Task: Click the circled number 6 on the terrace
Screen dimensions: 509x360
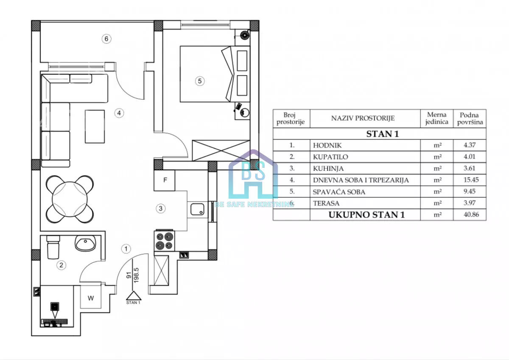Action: point(106,39)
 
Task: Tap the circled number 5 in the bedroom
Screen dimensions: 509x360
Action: point(200,81)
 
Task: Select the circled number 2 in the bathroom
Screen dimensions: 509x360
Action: point(61,265)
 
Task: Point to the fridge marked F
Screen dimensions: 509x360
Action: point(165,180)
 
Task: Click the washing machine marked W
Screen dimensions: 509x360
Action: point(91,298)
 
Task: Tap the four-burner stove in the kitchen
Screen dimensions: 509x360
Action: point(164,241)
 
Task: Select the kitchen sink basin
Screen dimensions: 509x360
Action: point(197,209)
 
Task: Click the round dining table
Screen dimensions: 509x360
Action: point(70,199)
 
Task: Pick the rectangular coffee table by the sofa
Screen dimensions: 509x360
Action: point(95,127)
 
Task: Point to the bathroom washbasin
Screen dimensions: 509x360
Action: point(85,243)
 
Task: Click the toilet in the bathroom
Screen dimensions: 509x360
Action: point(53,247)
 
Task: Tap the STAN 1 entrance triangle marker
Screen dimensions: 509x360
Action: point(134,295)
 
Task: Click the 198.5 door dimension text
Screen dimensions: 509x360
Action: point(136,275)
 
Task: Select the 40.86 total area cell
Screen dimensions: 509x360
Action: point(471,214)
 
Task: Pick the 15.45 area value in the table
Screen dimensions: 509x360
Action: point(471,180)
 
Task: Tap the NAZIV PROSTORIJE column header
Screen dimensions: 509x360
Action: point(363,118)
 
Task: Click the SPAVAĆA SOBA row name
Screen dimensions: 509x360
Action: point(339,192)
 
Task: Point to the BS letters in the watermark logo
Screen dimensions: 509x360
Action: point(253,171)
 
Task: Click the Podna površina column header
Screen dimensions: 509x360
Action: point(470,118)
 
